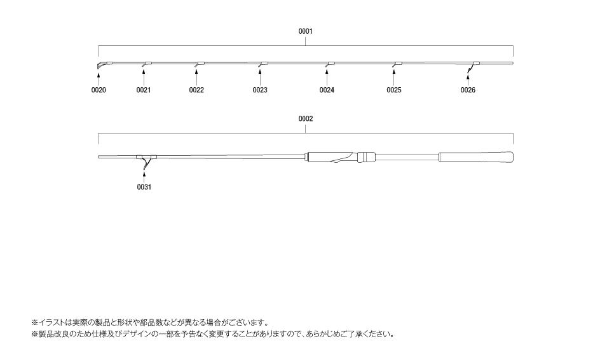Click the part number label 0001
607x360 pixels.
click(x=306, y=31)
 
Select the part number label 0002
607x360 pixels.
click(x=306, y=118)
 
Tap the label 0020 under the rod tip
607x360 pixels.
click(x=99, y=90)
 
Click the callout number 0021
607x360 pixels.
click(x=144, y=90)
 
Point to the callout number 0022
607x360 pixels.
click(x=196, y=90)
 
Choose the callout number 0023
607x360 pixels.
click(x=260, y=90)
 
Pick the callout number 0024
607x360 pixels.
click(x=327, y=90)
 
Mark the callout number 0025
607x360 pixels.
click(x=394, y=90)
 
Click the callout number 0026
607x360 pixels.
click(x=468, y=90)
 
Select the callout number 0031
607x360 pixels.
click(x=144, y=187)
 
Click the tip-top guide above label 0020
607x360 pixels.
click(x=100, y=65)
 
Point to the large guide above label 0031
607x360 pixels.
click(x=146, y=162)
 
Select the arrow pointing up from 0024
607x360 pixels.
click(x=327, y=78)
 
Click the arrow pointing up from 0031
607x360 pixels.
click(x=144, y=177)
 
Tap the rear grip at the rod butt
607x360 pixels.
click(x=476, y=157)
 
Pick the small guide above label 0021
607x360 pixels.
click(x=146, y=64)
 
